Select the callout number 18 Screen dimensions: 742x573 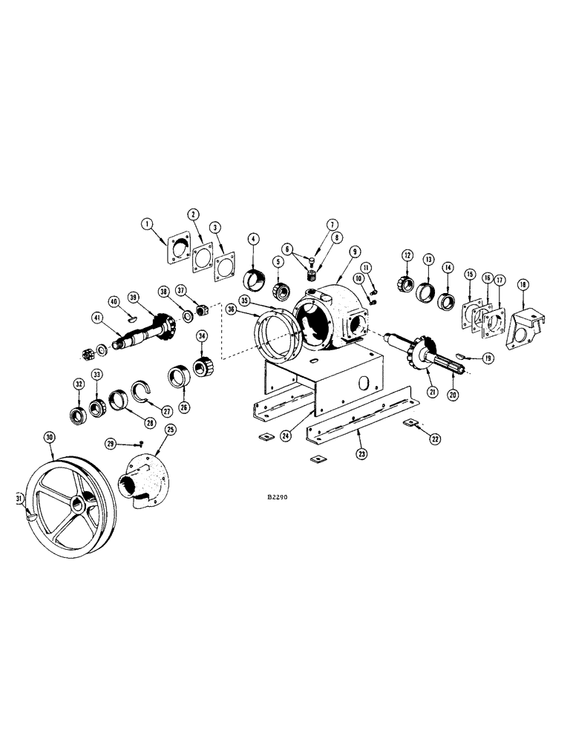[x=523, y=285]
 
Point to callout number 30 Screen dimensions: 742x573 [x=50, y=438]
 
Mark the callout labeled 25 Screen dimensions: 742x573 [x=171, y=430]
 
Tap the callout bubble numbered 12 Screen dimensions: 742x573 [x=407, y=256]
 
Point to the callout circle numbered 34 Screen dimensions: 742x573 [x=201, y=337]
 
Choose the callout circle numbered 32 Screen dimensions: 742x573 [x=78, y=384]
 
